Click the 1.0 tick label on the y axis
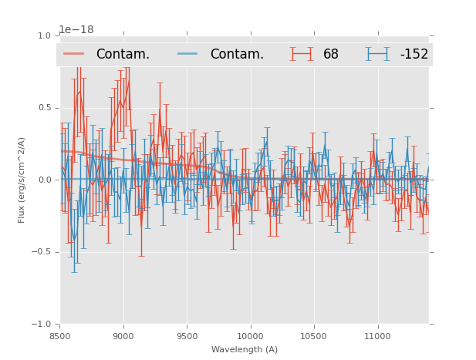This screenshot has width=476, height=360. point(44,35)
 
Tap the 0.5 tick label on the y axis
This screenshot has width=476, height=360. point(44,108)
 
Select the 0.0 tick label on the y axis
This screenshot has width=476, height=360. point(44,180)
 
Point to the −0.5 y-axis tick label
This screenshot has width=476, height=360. point(42,252)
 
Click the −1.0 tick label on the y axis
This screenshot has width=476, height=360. point(42,325)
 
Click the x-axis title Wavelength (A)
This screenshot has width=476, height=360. point(245,350)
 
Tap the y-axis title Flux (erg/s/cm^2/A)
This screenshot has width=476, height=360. point(22,180)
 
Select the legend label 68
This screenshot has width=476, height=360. point(331,55)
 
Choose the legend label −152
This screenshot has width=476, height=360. point(414,55)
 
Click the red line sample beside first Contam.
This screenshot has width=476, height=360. point(74,54)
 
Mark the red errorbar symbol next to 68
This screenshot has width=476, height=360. point(302,54)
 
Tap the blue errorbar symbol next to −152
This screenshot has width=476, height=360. point(378,54)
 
